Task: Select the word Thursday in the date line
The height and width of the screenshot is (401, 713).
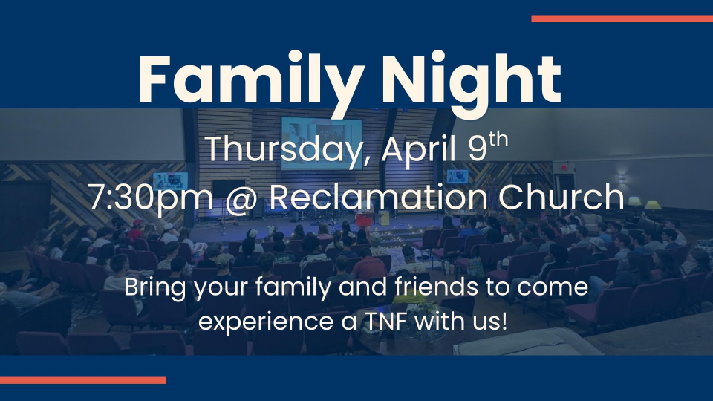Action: coord(284,149)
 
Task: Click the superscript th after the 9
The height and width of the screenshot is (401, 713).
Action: coord(499,140)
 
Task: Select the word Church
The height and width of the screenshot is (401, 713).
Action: coord(561,196)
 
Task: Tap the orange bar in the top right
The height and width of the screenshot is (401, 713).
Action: coord(622,19)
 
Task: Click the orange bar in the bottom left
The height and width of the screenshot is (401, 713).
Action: coord(83,380)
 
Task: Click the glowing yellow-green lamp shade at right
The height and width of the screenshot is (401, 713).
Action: coord(653,205)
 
